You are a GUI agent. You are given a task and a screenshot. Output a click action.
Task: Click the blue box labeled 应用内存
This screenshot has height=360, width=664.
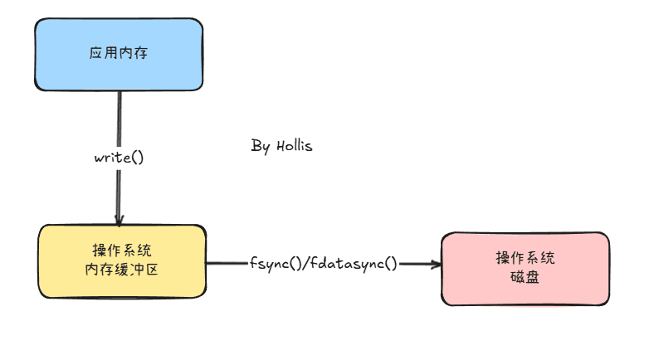click(119, 54)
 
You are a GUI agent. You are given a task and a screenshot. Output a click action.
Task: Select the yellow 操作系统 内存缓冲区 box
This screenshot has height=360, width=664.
click(122, 261)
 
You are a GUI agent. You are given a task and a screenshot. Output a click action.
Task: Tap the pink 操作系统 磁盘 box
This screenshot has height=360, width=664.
click(525, 269)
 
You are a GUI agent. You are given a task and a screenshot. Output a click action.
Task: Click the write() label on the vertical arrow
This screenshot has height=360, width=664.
click(119, 158)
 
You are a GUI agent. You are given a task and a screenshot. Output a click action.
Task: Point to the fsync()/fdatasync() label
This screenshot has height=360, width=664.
click(323, 264)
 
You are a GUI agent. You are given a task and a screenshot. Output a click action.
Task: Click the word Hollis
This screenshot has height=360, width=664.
click(295, 146)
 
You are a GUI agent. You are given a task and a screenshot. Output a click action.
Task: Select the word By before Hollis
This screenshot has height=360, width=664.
click(260, 146)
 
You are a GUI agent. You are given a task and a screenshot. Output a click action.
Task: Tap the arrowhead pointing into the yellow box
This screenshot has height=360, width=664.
click(119, 220)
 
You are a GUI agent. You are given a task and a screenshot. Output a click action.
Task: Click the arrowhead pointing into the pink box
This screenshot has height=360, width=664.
click(436, 265)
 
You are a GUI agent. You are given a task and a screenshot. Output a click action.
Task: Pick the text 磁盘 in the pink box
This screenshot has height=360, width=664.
click(525, 278)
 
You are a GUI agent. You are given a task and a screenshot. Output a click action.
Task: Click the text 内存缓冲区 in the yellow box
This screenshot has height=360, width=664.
click(121, 270)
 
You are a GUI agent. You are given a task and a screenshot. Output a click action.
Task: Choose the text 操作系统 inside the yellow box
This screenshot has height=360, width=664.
click(122, 251)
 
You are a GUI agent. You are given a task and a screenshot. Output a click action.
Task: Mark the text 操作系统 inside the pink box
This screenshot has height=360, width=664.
click(525, 258)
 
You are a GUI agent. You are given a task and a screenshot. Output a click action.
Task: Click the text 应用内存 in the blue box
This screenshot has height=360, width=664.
click(119, 53)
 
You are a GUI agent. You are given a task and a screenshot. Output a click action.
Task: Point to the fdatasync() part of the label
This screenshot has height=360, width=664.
click(354, 264)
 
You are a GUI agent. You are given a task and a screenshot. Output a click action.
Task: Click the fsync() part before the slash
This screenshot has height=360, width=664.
click(276, 264)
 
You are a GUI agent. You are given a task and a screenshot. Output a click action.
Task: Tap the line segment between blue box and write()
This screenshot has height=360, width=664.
click(120, 119)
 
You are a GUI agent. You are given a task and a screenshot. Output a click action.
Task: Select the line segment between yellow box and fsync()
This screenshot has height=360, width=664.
click(227, 263)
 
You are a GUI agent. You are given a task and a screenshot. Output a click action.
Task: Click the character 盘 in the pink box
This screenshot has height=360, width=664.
click(532, 278)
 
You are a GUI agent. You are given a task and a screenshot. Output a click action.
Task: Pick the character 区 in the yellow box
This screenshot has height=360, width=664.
click(152, 270)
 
